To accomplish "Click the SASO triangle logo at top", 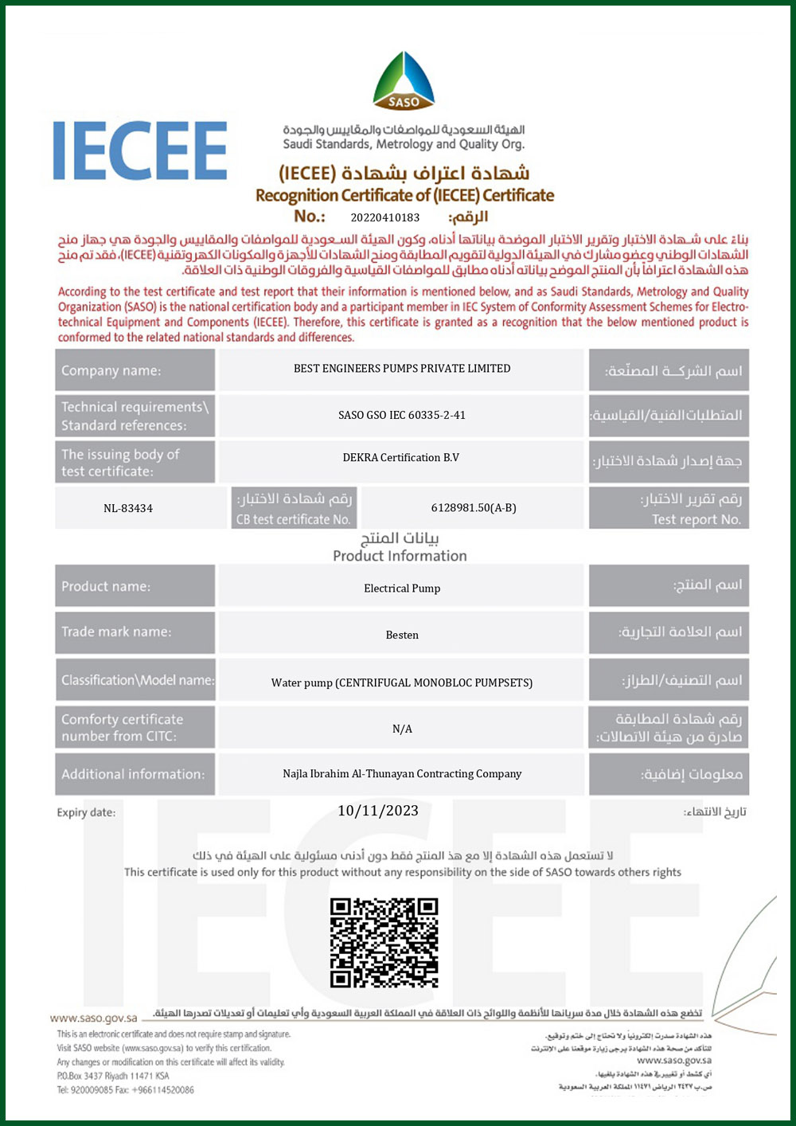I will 404,81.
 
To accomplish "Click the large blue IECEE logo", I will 140,151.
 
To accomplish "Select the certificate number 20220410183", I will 384,217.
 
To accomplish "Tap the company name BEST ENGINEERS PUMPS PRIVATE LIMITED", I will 402,369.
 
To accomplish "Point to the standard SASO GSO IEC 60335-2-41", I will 402,415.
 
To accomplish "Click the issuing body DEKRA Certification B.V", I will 401,458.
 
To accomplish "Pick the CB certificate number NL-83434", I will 128,508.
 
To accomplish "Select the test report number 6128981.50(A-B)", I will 474,508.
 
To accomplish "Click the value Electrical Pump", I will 402,588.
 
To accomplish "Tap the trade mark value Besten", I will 402,635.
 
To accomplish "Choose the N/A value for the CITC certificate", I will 402,729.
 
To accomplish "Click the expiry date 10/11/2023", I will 378,811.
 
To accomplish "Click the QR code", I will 384,943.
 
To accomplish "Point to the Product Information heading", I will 400,556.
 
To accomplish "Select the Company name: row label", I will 111,370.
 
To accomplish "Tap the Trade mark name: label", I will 116,631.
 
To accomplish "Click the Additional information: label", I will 133,774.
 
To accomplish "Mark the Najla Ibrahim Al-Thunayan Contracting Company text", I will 402,774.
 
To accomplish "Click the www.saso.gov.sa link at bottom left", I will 93,1018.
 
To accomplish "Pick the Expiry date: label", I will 86,812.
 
